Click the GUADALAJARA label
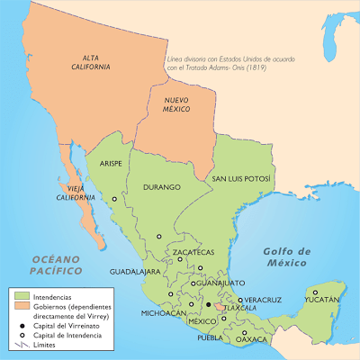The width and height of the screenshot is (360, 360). coord(136,270)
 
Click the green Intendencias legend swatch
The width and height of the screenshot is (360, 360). coord(22,295)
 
